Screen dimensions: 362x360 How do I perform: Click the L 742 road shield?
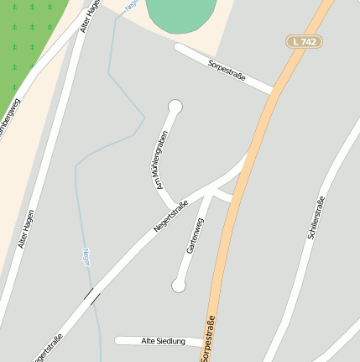click(304, 41)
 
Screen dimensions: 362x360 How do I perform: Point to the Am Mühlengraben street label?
click(157, 159)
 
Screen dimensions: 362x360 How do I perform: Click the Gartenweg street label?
click(195, 236)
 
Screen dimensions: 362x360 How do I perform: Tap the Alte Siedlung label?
click(159, 341)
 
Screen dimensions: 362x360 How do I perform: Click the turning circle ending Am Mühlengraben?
click(175, 106)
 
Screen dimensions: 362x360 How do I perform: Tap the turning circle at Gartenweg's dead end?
click(178, 286)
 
